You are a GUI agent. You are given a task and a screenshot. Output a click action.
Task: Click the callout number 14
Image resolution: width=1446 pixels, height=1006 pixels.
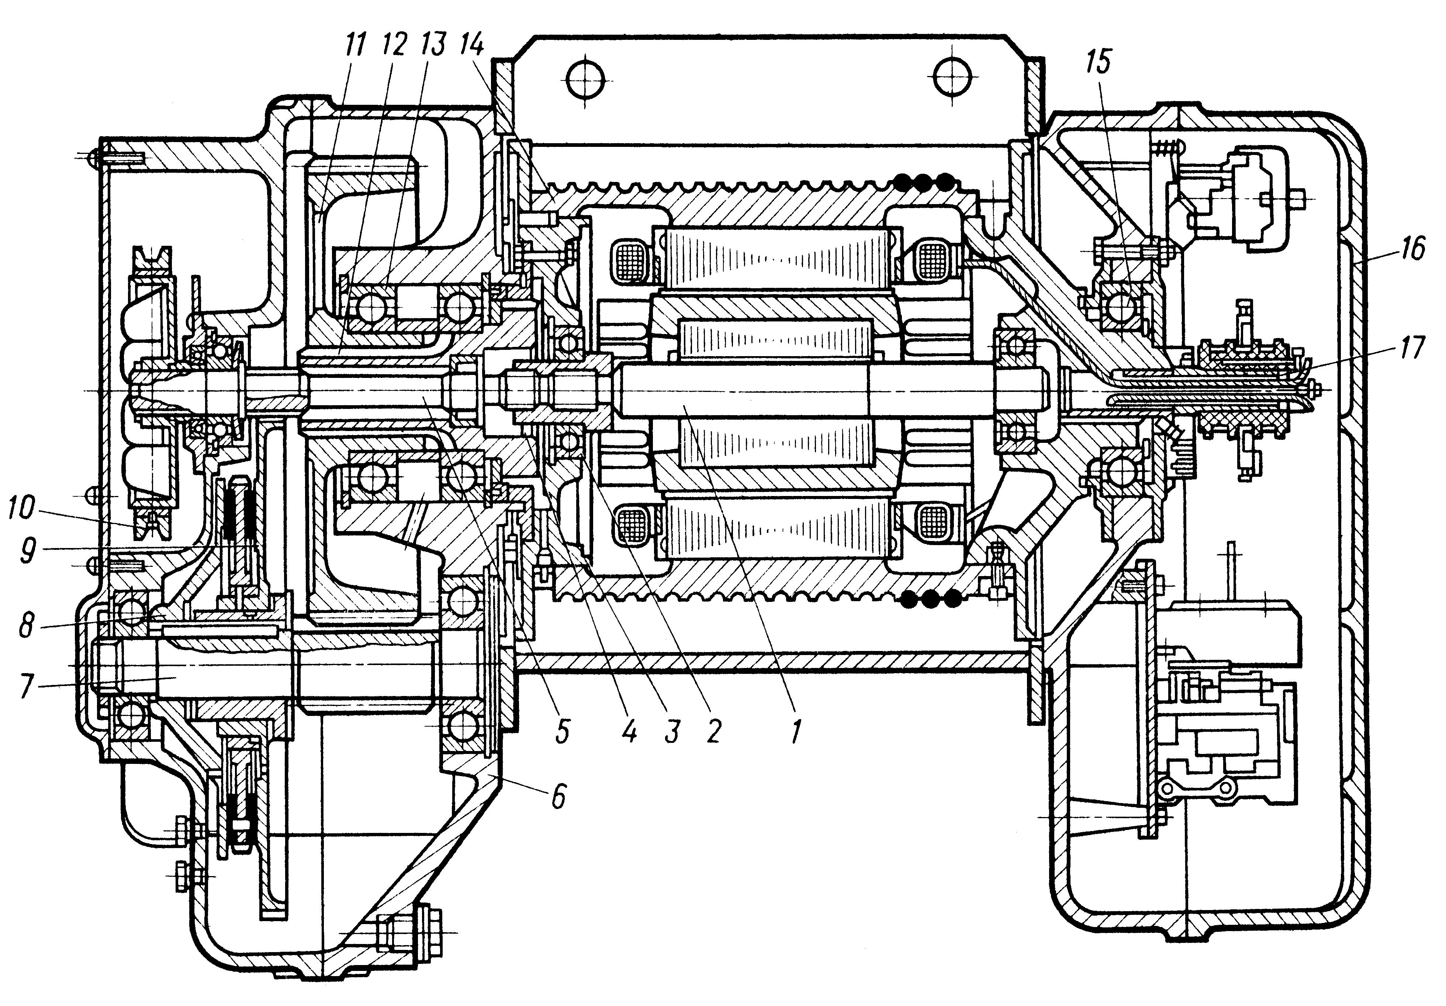pos(472,45)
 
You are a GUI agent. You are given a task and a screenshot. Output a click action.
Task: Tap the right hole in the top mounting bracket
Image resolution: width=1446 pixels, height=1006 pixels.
pos(952,79)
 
